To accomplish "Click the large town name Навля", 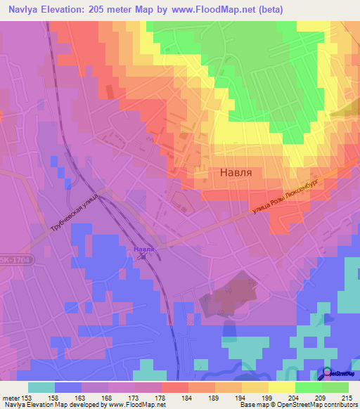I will tap(238, 171).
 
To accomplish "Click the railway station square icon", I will tap(143, 257).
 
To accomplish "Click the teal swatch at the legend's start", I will tap(41, 387).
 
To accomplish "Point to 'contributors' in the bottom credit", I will tap(339, 405).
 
